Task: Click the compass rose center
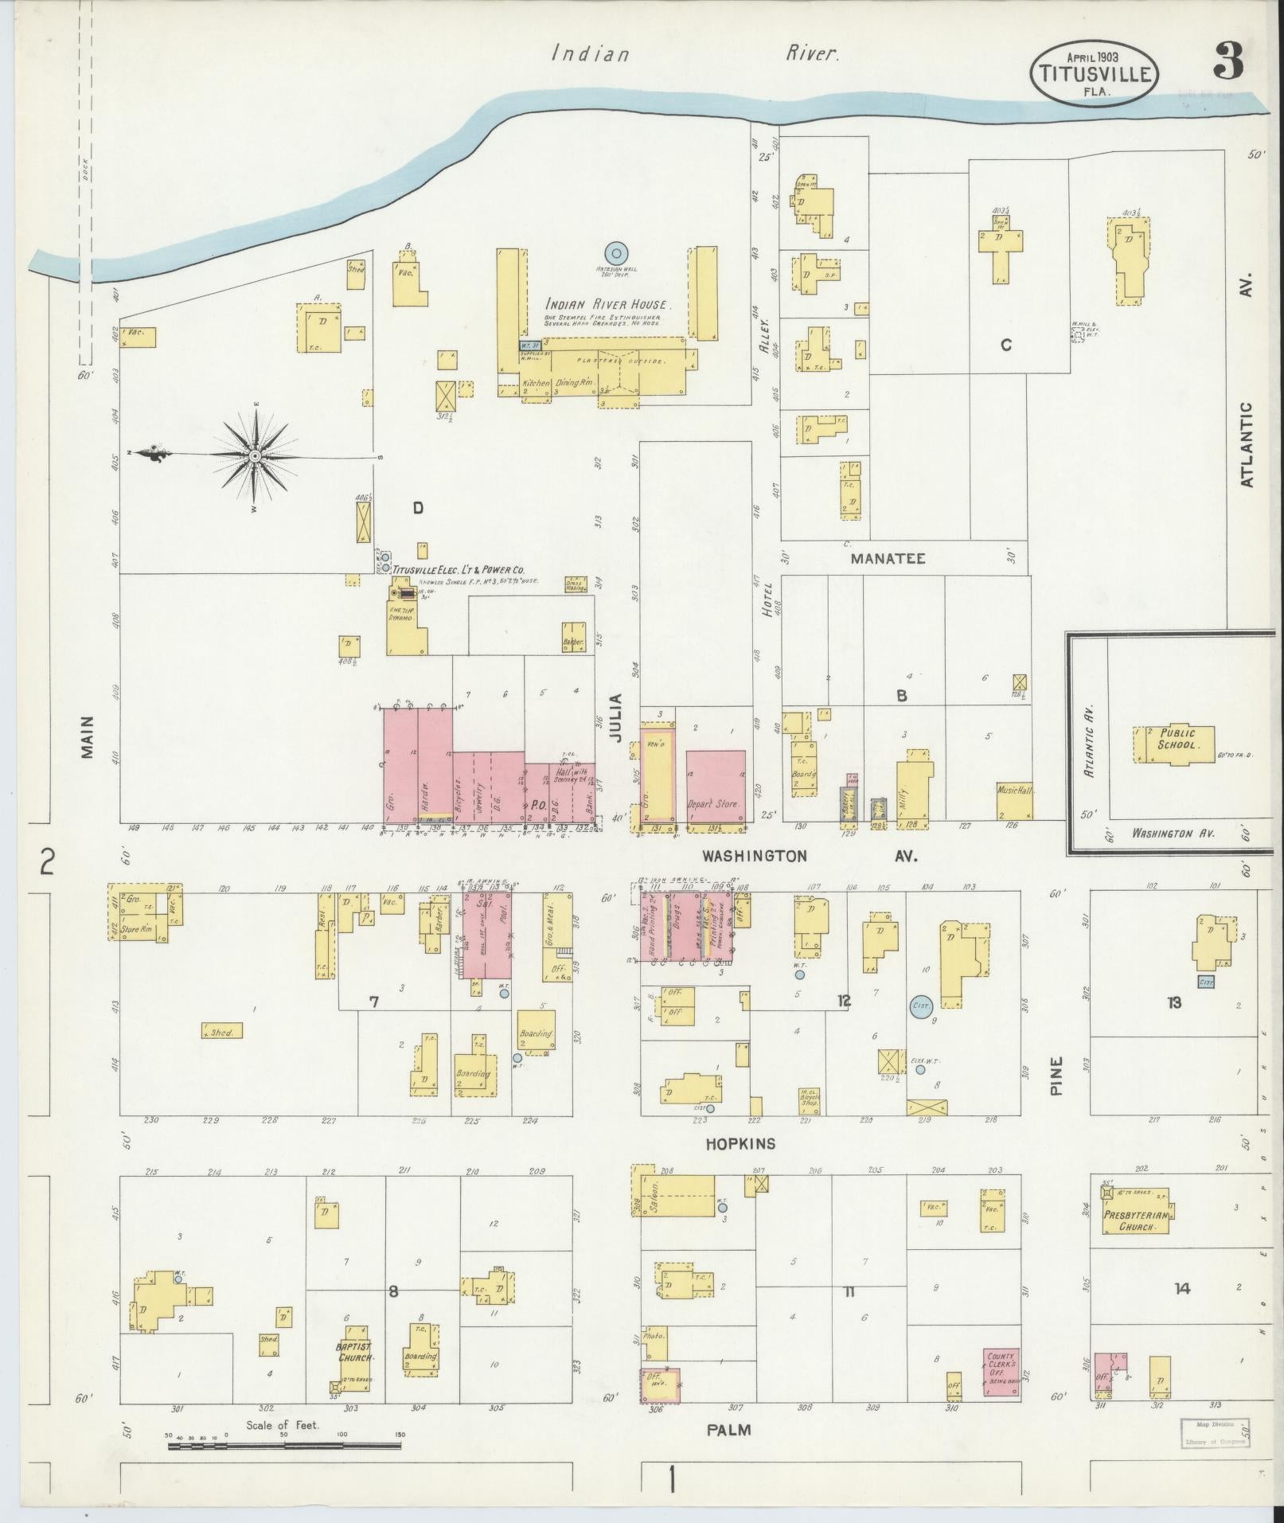(255, 456)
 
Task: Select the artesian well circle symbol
(616, 253)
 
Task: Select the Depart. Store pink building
(716, 786)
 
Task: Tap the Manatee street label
(888, 558)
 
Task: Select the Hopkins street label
(740, 1144)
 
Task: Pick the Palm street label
(728, 1429)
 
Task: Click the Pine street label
(1056, 1076)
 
